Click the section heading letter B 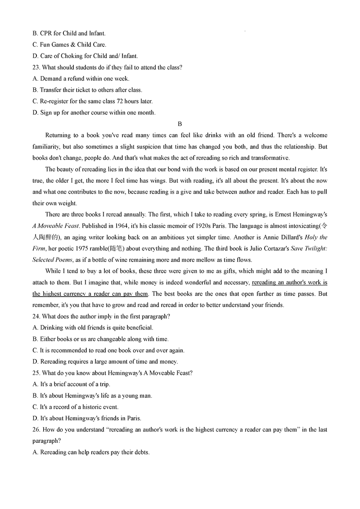(180, 124)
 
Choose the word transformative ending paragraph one (269, 158)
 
